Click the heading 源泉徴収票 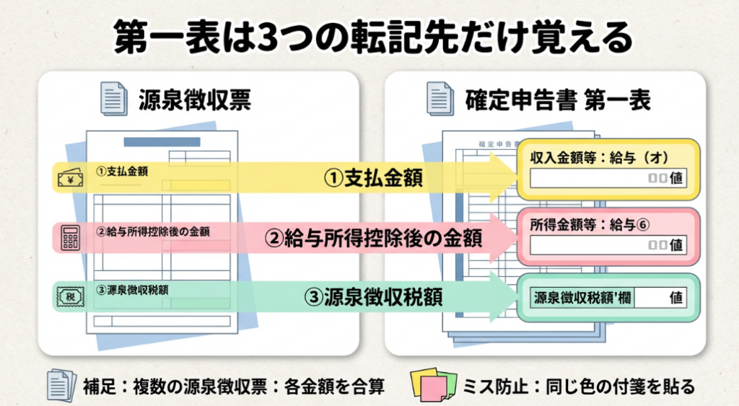click(x=194, y=100)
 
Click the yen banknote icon click(x=71, y=177)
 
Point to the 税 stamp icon click(x=71, y=296)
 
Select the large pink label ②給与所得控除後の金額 click(x=372, y=238)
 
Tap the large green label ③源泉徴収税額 click(x=372, y=296)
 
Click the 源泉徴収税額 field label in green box click(x=580, y=297)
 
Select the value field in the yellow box click(x=608, y=178)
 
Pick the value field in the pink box click(x=608, y=244)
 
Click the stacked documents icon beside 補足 click(x=62, y=386)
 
